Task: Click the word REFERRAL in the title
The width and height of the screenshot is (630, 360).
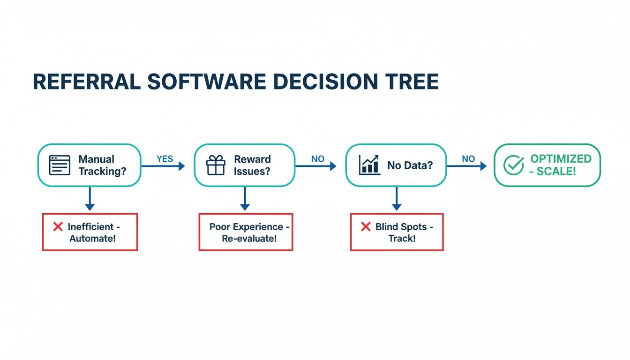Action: click(86, 82)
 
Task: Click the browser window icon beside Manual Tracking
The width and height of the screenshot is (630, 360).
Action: click(60, 165)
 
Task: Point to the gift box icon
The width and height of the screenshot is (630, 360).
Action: click(216, 165)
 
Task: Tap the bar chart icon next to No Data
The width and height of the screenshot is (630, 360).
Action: click(369, 165)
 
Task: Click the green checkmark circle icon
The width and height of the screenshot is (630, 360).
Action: click(513, 165)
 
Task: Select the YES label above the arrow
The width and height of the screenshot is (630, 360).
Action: click(165, 159)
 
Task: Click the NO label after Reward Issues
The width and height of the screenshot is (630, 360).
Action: click(317, 159)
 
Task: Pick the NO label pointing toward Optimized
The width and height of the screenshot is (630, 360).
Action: click(468, 159)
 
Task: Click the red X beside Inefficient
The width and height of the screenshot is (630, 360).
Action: click(58, 227)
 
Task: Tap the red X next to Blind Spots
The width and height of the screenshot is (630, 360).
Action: click(366, 227)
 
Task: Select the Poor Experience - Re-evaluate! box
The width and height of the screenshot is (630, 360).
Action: click(246, 232)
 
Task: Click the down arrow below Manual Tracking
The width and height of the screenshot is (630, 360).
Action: click(90, 199)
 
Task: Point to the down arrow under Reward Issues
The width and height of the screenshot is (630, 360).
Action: click(244, 199)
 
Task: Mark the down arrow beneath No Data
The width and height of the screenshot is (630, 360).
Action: click(397, 199)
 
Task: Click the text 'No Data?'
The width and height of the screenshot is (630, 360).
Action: click(410, 165)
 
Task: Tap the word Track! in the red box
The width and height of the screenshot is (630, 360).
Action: click(402, 238)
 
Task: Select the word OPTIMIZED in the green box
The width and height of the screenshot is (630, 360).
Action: click(561, 159)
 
